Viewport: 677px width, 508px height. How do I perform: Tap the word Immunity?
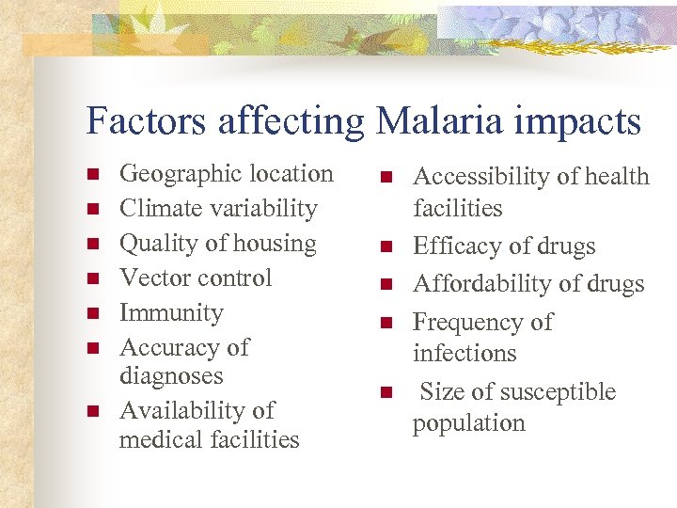[171, 313]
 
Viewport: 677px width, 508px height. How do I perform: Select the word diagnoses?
[171, 376]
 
